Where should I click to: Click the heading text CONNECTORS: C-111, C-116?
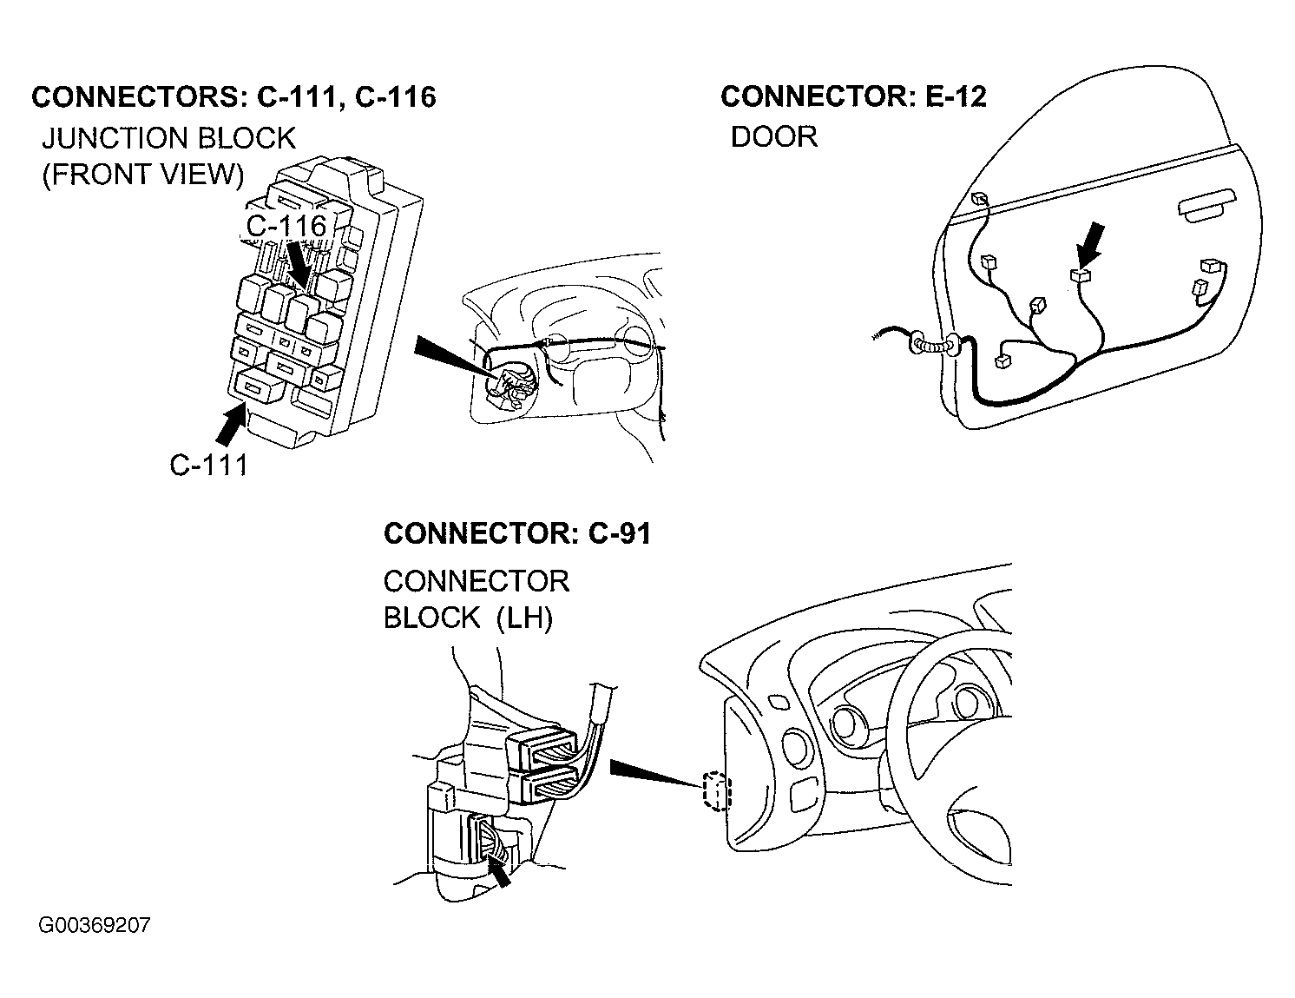[233, 96]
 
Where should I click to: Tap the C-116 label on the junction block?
[286, 226]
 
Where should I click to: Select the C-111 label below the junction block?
[208, 465]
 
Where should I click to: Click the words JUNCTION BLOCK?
[168, 138]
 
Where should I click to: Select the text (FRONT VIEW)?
[143, 175]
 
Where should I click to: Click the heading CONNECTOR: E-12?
[853, 96]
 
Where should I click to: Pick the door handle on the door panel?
[1206, 206]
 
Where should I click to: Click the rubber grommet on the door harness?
[933, 345]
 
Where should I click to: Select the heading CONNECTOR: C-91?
[517, 533]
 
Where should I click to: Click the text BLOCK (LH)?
[468, 618]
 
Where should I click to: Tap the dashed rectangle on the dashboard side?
[716, 791]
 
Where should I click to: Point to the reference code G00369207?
[95, 925]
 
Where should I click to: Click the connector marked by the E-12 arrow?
[1081, 274]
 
